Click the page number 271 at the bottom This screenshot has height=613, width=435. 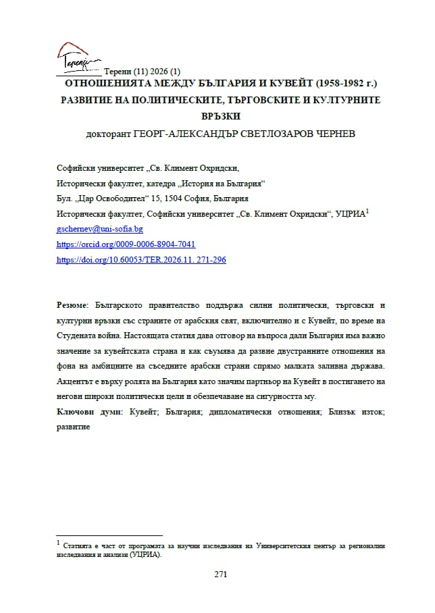[x=220, y=575]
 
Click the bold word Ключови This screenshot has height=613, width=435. [x=72, y=412]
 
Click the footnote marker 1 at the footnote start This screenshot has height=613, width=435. [x=59, y=541]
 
